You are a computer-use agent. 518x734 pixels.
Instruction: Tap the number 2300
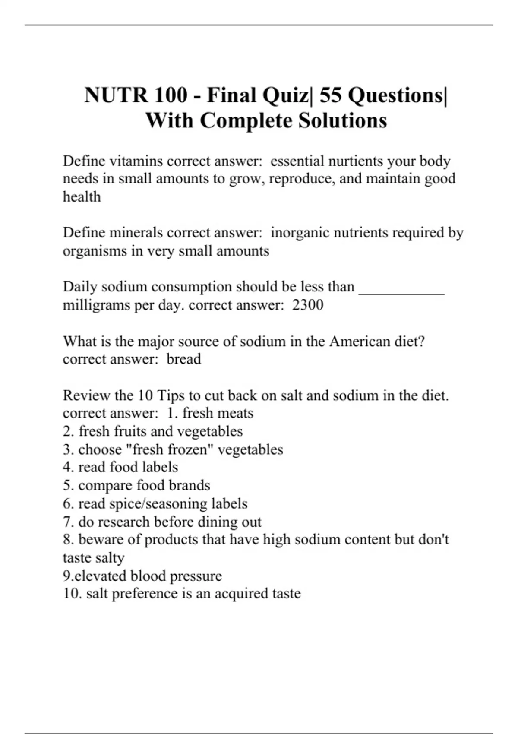click(307, 305)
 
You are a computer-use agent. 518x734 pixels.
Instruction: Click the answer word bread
click(184, 359)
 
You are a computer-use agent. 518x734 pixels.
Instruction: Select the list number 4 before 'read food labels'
click(67, 467)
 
